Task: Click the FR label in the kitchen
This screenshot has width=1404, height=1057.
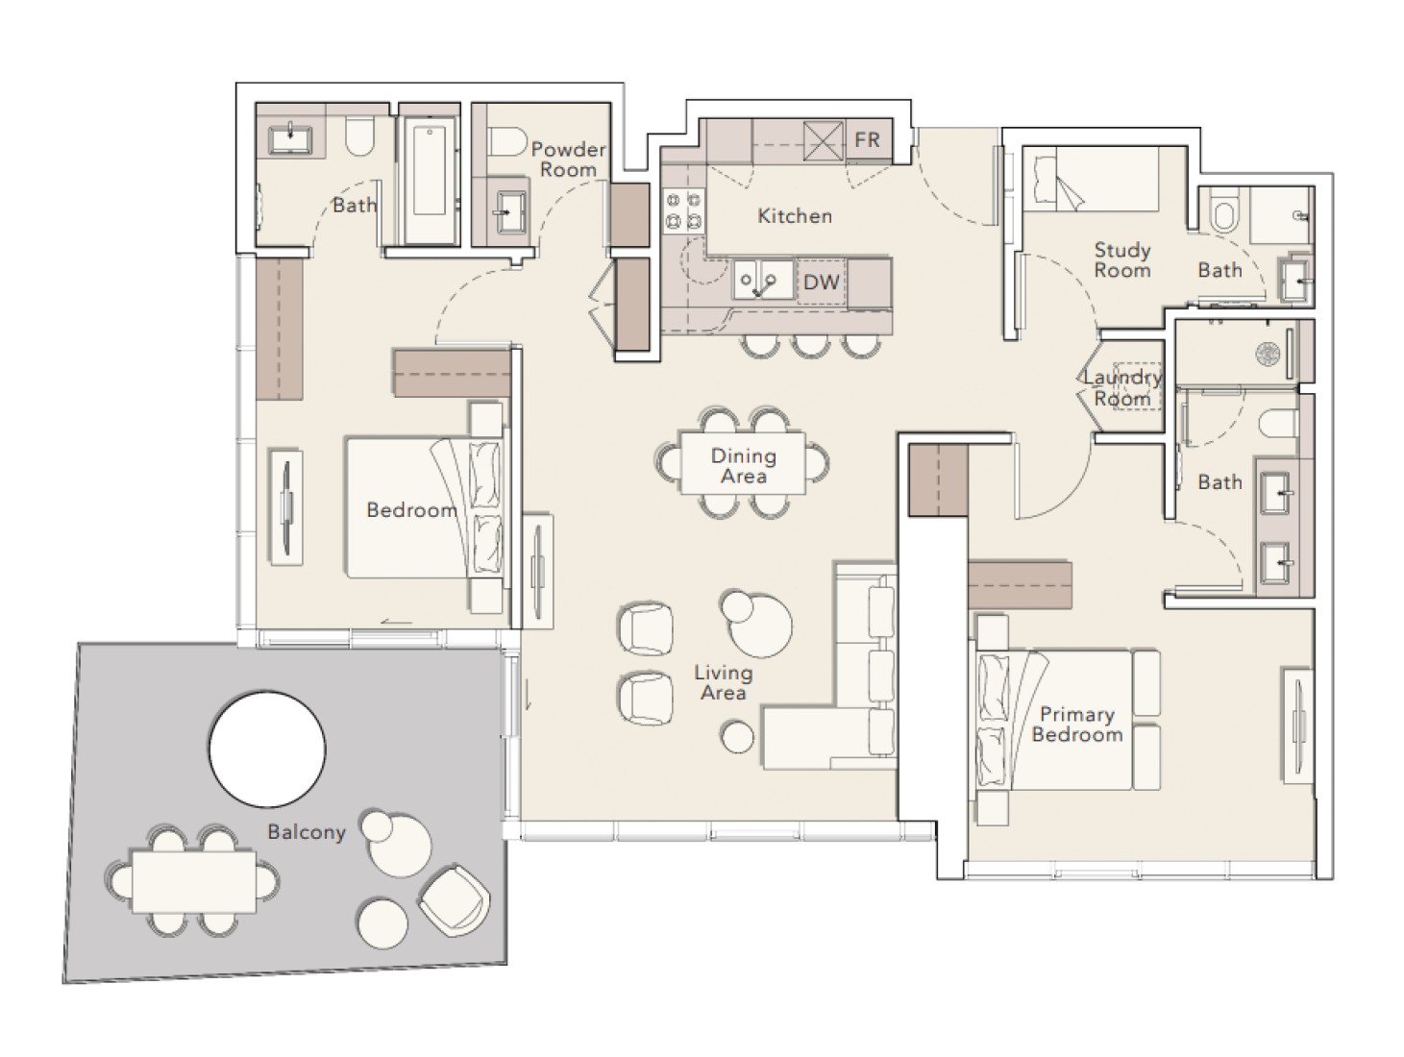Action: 867,139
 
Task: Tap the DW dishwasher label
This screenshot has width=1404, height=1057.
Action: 822,282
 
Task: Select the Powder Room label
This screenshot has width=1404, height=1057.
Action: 568,160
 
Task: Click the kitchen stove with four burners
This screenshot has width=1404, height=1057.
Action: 684,210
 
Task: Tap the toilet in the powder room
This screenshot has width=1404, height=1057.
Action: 505,140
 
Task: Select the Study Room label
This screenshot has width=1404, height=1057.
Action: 1121,259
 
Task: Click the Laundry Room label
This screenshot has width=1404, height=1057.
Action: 1121,387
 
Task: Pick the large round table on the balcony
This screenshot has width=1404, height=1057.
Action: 267,749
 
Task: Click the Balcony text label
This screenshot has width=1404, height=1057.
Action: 307,831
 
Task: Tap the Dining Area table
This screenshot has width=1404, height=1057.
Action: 743,463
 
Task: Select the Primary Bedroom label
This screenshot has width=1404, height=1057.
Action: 1077,724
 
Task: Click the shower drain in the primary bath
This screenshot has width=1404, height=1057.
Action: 1268,355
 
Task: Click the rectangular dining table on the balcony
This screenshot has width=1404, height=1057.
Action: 194,881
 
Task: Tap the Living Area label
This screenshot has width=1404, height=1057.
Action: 724,682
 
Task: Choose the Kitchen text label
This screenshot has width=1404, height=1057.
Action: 795,216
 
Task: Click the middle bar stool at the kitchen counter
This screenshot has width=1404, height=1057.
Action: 811,345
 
